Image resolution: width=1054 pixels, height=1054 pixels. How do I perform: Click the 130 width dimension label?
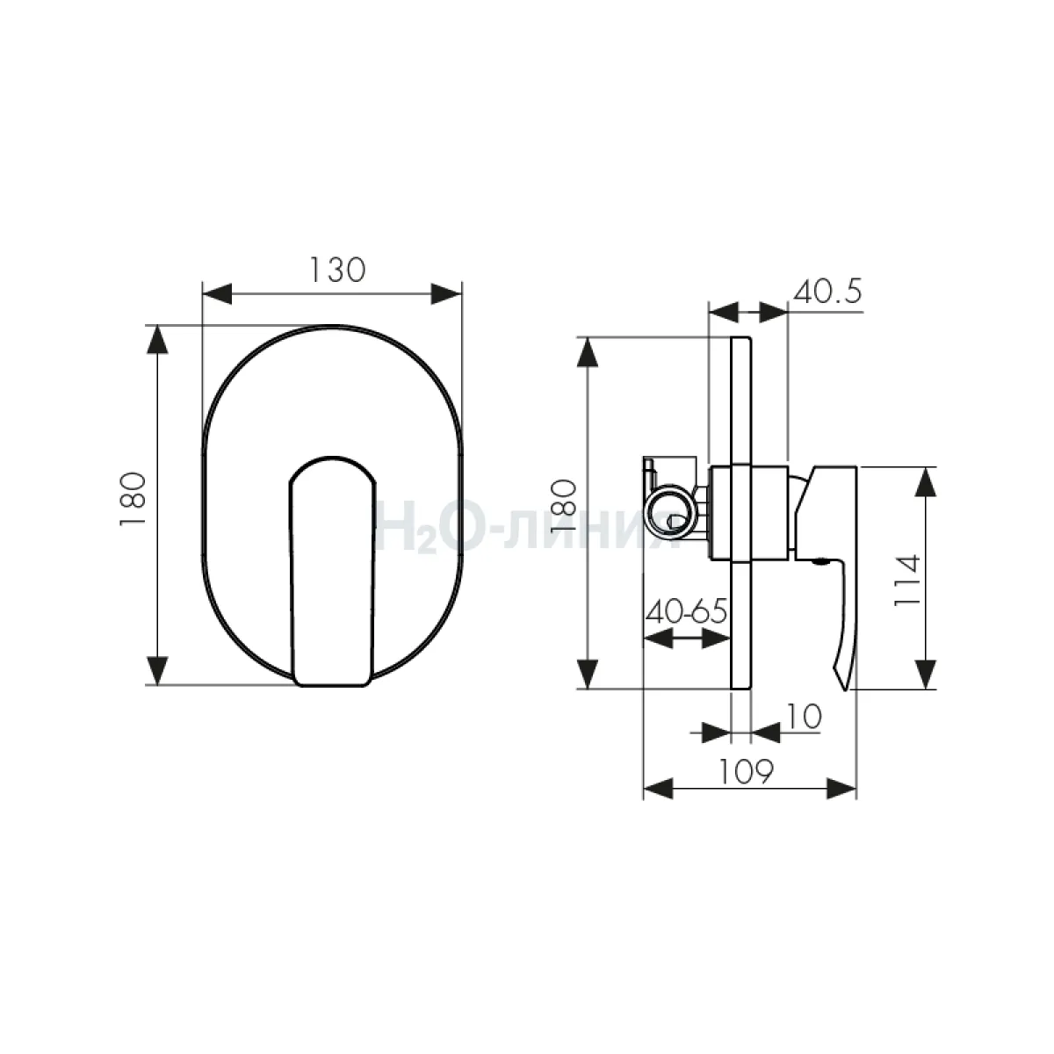tap(337, 270)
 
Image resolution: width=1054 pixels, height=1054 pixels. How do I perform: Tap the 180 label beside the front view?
tap(133, 499)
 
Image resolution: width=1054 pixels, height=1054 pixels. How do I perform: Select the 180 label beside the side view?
tap(563, 506)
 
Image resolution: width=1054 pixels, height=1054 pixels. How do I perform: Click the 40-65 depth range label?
tap(687, 610)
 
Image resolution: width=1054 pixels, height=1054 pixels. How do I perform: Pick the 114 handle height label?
tap(906, 580)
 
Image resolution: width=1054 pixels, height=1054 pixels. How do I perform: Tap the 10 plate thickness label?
tap(804, 716)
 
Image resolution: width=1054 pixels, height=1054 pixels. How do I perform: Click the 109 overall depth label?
tap(746, 771)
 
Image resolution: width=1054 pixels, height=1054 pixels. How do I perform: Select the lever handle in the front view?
tap(332, 572)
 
